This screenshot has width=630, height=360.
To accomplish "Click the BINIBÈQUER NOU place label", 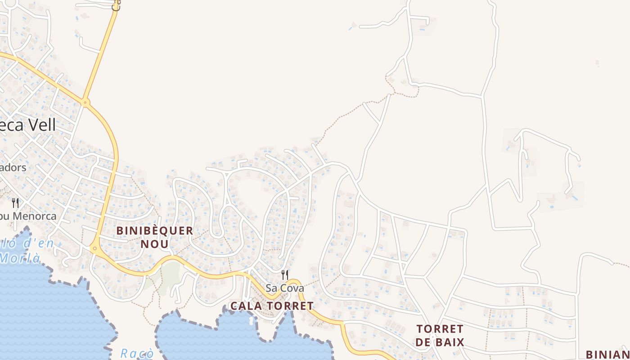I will click(155, 237).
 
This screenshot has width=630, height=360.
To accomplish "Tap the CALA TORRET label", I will click(272, 306).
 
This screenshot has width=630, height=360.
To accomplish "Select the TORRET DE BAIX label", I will click(440, 335).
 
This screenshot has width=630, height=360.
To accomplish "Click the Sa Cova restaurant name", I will click(285, 288).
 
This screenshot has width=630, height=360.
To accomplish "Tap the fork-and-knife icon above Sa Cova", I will click(285, 274).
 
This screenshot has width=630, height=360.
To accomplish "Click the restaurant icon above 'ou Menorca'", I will click(15, 203).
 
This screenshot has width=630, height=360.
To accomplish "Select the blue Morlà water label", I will click(20, 258).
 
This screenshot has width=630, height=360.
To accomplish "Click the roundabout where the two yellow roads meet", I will click(85, 103).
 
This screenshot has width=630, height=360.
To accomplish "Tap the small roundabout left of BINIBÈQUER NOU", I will click(94, 248).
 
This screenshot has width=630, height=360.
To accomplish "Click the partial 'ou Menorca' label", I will click(28, 216).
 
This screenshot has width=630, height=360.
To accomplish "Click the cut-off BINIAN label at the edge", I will click(607, 355).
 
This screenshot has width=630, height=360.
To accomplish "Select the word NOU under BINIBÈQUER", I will click(155, 244).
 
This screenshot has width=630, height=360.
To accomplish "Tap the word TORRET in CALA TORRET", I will click(291, 306).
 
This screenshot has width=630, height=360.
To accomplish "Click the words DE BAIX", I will click(440, 342).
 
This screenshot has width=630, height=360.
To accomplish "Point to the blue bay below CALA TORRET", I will click(234, 337).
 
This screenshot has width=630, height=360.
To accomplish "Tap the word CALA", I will click(246, 306).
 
